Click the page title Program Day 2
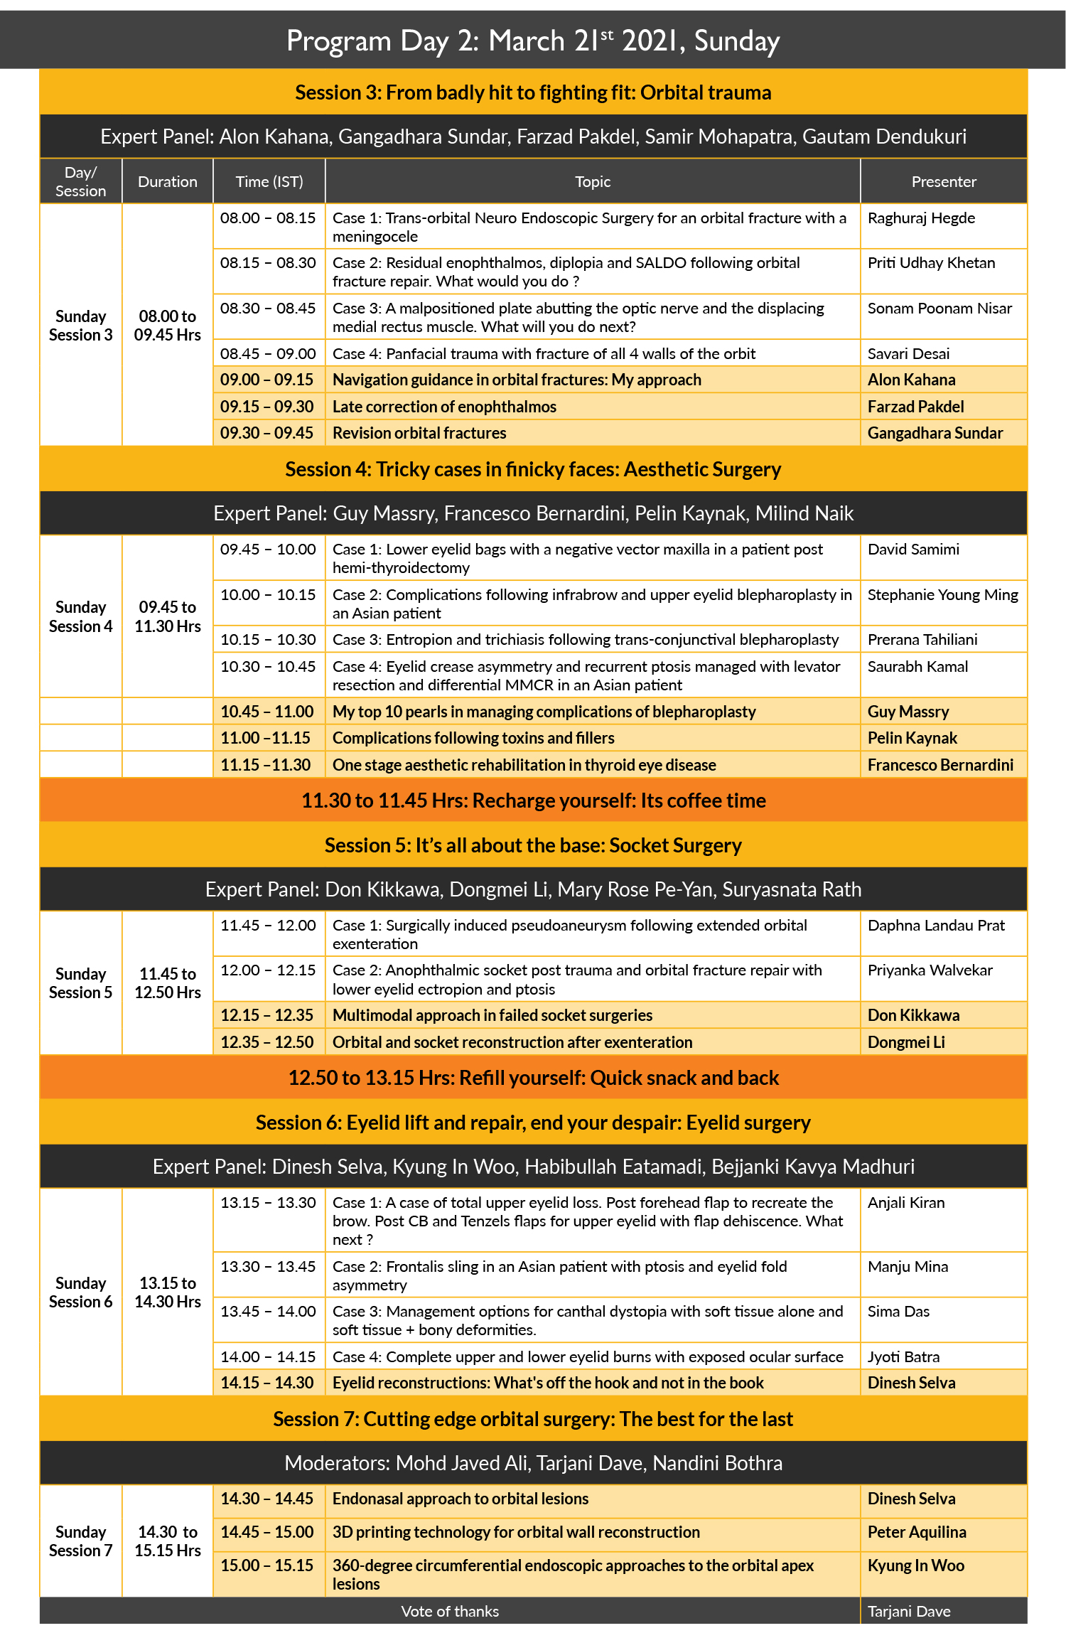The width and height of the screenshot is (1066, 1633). (533, 41)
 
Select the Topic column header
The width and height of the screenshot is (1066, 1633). (593, 182)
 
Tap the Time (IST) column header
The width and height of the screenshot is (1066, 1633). (269, 182)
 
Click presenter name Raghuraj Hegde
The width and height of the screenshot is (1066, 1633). (921, 218)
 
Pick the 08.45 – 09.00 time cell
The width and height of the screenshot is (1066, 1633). (268, 354)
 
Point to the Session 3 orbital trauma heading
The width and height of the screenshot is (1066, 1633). (533, 93)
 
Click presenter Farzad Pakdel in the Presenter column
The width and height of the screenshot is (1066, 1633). (915, 407)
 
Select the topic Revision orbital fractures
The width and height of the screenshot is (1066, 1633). (419, 433)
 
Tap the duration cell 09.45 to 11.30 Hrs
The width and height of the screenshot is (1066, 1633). (168, 616)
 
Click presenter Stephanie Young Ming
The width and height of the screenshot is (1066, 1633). (942, 595)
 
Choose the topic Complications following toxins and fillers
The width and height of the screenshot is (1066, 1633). (473, 738)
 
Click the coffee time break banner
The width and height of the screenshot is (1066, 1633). (533, 801)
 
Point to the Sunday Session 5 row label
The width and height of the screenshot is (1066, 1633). (81, 983)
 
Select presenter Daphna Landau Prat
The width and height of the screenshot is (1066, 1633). (936, 926)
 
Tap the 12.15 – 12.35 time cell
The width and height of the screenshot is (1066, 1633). (266, 1015)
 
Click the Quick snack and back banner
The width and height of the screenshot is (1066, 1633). (533, 1078)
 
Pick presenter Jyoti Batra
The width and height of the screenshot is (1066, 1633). (903, 1356)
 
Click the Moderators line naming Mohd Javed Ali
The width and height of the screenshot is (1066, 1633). (533, 1463)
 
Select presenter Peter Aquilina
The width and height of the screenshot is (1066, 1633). (917, 1532)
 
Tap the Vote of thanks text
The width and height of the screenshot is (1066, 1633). (450, 1611)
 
